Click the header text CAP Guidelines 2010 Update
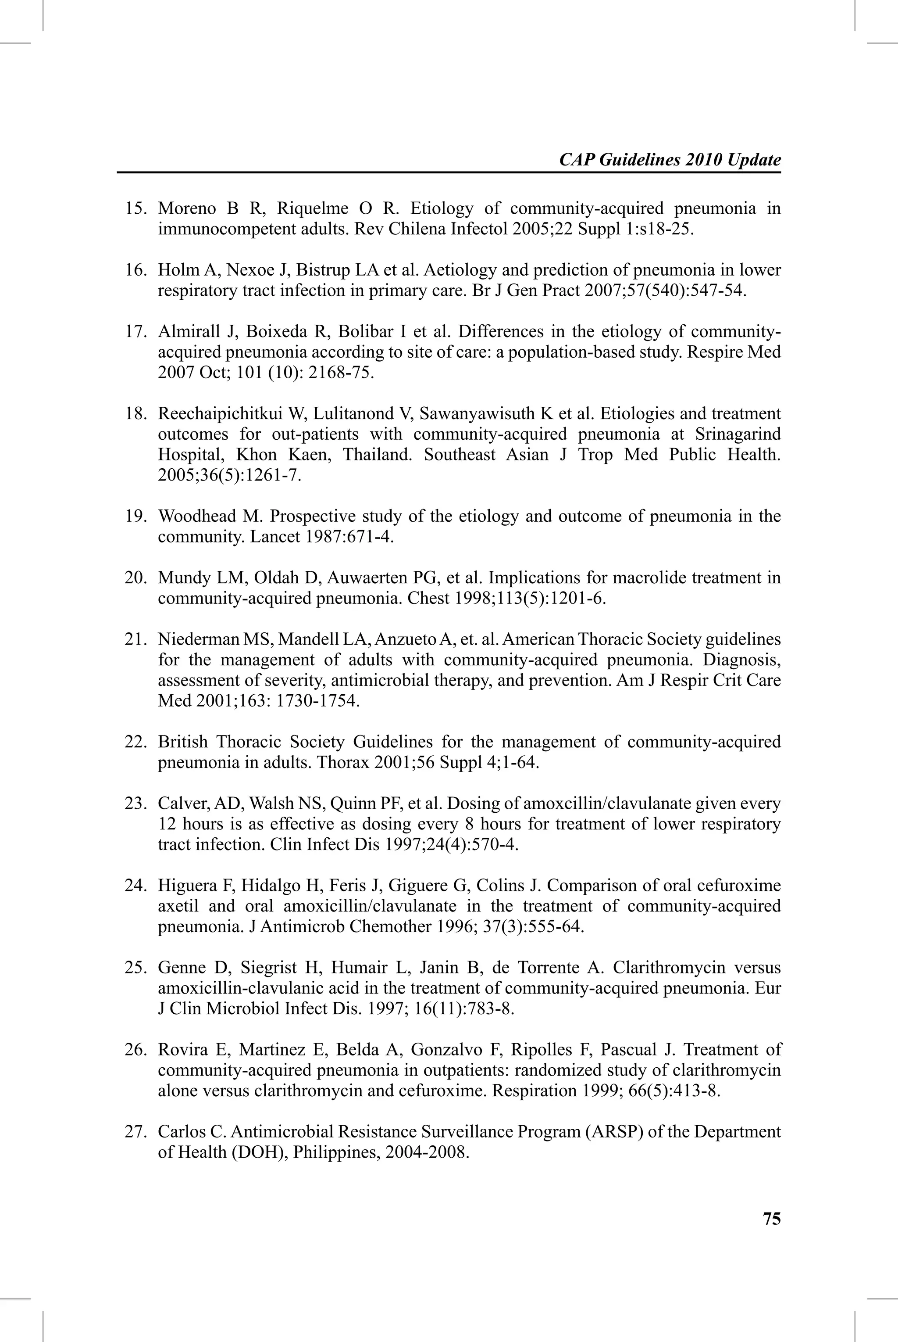pos(670,160)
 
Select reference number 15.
pos(136,208)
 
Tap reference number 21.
pos(136,639)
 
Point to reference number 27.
pos(136,1132)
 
